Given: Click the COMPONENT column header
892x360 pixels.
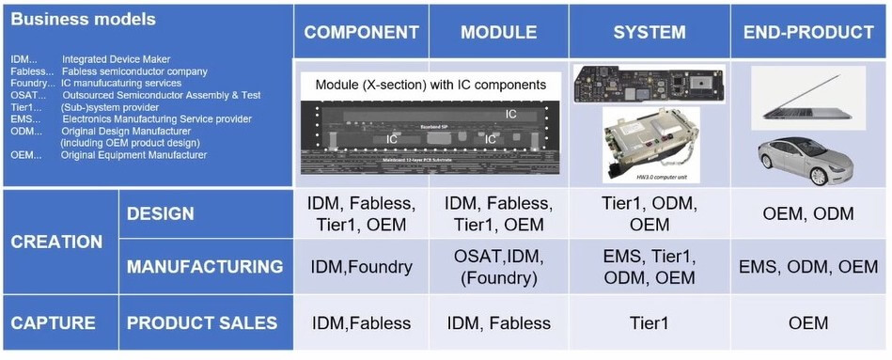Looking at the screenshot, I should point(361,32).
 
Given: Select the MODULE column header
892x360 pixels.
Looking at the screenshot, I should point(498,32).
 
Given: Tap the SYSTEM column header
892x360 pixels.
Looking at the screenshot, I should point(649,32).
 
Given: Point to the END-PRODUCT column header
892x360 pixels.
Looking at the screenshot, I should point(808,32).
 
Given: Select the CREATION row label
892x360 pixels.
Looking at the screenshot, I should point(56,242).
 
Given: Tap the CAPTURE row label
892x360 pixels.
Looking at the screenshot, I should point(54,323).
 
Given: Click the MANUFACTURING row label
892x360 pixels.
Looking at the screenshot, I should point(205,267).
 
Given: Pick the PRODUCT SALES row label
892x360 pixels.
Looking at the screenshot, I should point(202,323).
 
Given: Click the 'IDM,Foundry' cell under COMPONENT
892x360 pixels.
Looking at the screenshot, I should point(361,267).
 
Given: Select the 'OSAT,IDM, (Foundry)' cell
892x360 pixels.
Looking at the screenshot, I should point(498,267).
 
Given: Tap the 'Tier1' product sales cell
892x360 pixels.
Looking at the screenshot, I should point(649,323).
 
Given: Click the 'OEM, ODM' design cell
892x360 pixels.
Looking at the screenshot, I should point(808,214).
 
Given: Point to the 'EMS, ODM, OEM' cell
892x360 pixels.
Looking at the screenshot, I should point(808,267).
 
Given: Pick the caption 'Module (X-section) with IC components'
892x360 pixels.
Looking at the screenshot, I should point(430,85).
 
